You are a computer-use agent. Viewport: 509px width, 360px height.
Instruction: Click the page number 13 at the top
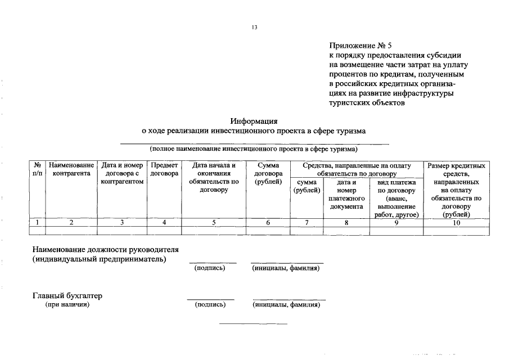254,26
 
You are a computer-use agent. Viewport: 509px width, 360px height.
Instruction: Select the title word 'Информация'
254,121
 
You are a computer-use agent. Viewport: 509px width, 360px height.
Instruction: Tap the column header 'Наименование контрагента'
71,169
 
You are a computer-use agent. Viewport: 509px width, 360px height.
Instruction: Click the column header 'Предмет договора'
164,169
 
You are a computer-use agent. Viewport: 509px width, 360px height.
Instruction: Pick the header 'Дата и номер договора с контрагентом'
122,173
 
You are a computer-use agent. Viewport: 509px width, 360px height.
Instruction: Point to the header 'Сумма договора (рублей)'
268,173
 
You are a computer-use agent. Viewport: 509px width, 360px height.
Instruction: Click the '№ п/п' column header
38,169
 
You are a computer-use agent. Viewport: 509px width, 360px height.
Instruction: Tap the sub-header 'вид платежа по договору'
396,198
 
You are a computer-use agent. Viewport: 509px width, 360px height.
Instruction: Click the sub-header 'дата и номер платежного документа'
346,194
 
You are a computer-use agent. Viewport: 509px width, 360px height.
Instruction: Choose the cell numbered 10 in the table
456,223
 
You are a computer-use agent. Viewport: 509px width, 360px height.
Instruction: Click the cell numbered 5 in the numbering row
214,223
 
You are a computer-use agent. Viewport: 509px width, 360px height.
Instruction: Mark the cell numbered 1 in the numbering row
38,223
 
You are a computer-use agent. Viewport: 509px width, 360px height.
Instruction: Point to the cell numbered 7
307,223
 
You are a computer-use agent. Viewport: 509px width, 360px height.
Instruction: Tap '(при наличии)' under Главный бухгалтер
67,305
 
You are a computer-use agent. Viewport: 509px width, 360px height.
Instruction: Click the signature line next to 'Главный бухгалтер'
210,299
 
